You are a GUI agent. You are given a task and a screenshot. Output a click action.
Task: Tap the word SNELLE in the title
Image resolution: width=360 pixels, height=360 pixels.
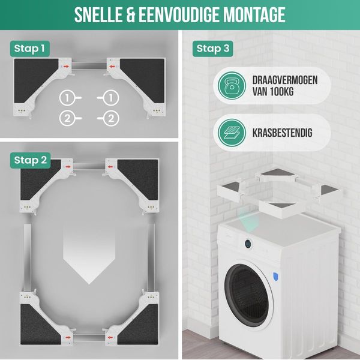[x=101, y=15]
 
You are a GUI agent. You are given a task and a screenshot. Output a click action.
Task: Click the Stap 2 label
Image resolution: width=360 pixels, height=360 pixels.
[x=30, y=160]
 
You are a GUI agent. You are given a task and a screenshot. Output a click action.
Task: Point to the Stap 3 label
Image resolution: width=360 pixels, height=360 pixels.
[x=212, y=48]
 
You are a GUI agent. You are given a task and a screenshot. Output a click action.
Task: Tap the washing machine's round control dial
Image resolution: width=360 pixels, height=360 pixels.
[x=247, y=244]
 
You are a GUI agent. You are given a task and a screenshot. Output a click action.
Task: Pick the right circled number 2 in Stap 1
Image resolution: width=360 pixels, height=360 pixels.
[x=110, y=118]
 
